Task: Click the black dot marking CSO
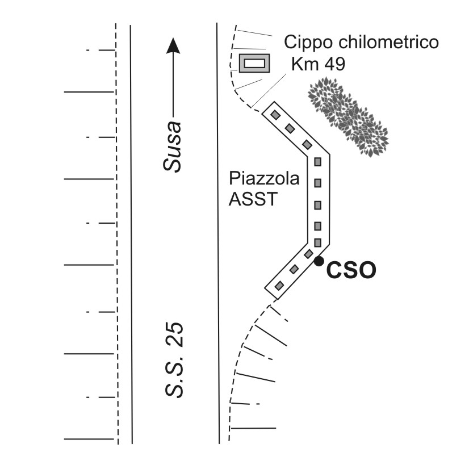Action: [x=319, y=261]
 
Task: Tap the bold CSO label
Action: [x=351, y=270]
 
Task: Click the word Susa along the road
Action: [x=173, y=146]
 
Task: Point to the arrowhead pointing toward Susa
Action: [x=173, y=46]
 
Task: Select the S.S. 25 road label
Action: [x=174, y=360]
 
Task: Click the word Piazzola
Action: [x=264, y=179]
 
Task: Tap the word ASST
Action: [x=253, y=199]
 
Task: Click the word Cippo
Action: [x=309, y=43]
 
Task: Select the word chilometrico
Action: [x=388, y=42]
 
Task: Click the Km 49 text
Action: [x=318, y=64]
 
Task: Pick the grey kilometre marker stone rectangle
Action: [x=254, y=63]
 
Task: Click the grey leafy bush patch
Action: [x=349, y=116]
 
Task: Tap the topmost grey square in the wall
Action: [x=275, y=115]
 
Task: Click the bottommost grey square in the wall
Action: [x=279, y=286]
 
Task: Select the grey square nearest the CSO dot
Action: [x=308, y=254]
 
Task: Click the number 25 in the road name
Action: [x=174, y=334]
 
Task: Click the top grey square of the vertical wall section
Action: [x=317, y=162]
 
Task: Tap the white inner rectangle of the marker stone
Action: [x=254, y=63]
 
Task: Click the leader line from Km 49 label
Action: [x=269, y=90]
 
